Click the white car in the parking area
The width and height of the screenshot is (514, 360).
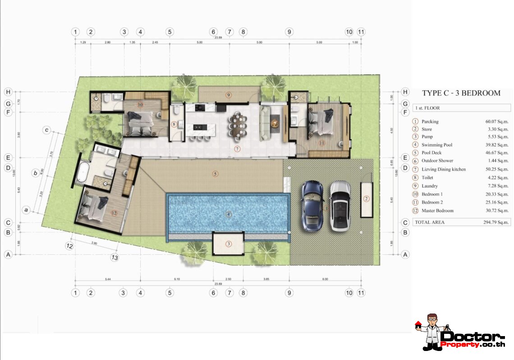coord(340,206)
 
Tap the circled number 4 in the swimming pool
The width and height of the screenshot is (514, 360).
coord(229,214)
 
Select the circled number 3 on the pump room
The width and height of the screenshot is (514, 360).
coord(229,244)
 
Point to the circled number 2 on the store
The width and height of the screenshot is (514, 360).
coord(366,198)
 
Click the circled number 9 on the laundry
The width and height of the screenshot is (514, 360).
coord(229,95)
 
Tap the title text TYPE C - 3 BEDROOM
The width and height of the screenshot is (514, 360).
coord(461,93)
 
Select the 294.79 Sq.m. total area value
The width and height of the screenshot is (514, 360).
coord(493,222)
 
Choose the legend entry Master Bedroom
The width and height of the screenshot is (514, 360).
coord(437,211)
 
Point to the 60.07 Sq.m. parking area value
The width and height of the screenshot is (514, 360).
coord(493,121)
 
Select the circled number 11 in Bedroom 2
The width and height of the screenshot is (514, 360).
coord(321,143)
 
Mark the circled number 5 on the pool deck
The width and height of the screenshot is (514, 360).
coord(215,174)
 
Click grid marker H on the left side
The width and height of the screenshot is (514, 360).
coord(8,92)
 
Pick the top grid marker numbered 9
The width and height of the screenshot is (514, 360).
coord(289,32)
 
